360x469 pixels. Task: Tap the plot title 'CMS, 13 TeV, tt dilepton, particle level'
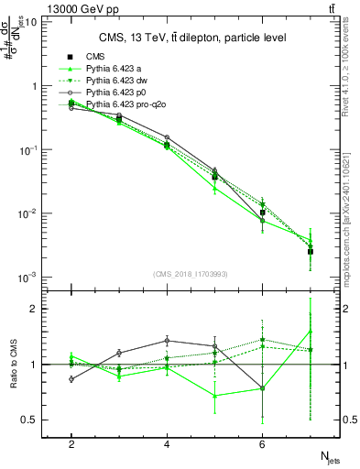192,38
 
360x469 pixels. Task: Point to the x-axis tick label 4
167,443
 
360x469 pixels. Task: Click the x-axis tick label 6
262,443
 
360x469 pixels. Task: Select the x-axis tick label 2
71,443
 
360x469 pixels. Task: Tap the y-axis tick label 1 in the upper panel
34,85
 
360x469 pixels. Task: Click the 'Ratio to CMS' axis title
13,365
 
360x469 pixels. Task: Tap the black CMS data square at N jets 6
263,213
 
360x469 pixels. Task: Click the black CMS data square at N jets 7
311,251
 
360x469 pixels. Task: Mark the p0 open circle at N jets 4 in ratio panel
167,340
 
